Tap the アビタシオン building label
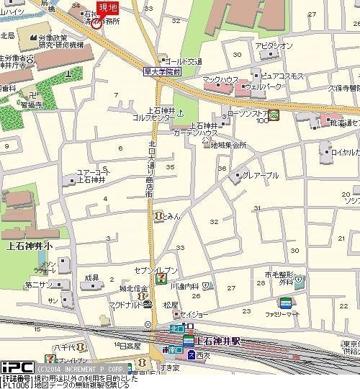274,46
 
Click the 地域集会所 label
229,145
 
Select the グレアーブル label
260,175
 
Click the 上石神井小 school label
29,245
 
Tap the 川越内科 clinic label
185,286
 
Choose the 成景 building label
91,277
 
